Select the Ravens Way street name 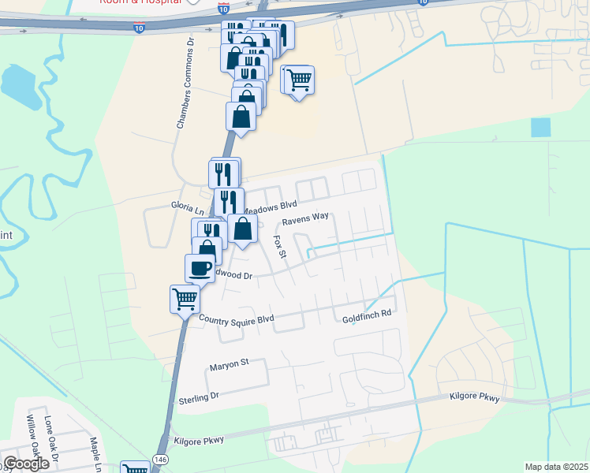305,217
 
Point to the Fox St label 278,247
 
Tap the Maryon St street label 229,363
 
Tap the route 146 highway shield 160,458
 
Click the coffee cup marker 200,266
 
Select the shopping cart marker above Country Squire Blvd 184,297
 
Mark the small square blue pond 541,128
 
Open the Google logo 26,464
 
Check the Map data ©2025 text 556,467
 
